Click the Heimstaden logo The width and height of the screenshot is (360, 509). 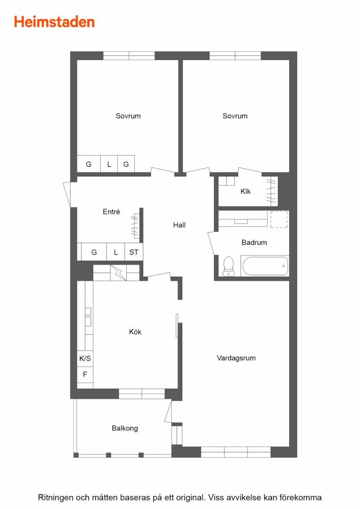point(54,22)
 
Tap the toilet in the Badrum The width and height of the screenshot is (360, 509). point(229,266)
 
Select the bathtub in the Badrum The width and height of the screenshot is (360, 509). point(264,266)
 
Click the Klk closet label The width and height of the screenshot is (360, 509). point(245,192)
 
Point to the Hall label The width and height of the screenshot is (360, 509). point(179,225)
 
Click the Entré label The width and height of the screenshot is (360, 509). point(112,212)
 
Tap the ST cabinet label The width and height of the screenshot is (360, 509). point(134,252)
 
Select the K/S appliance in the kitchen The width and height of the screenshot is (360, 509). point(85,359)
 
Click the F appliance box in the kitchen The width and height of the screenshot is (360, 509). point(85,374)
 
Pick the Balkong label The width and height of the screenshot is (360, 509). point(125,428)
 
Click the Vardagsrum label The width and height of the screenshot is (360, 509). point(236,358)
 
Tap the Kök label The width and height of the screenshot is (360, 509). point(135,332)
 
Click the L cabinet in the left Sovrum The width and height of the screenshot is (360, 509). point(109,164)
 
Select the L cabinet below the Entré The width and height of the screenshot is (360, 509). point(115,252)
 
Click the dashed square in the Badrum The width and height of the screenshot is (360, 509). point(279,219)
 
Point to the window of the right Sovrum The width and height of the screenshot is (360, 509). point(235,56)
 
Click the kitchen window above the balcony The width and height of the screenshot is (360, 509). point(142,394)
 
